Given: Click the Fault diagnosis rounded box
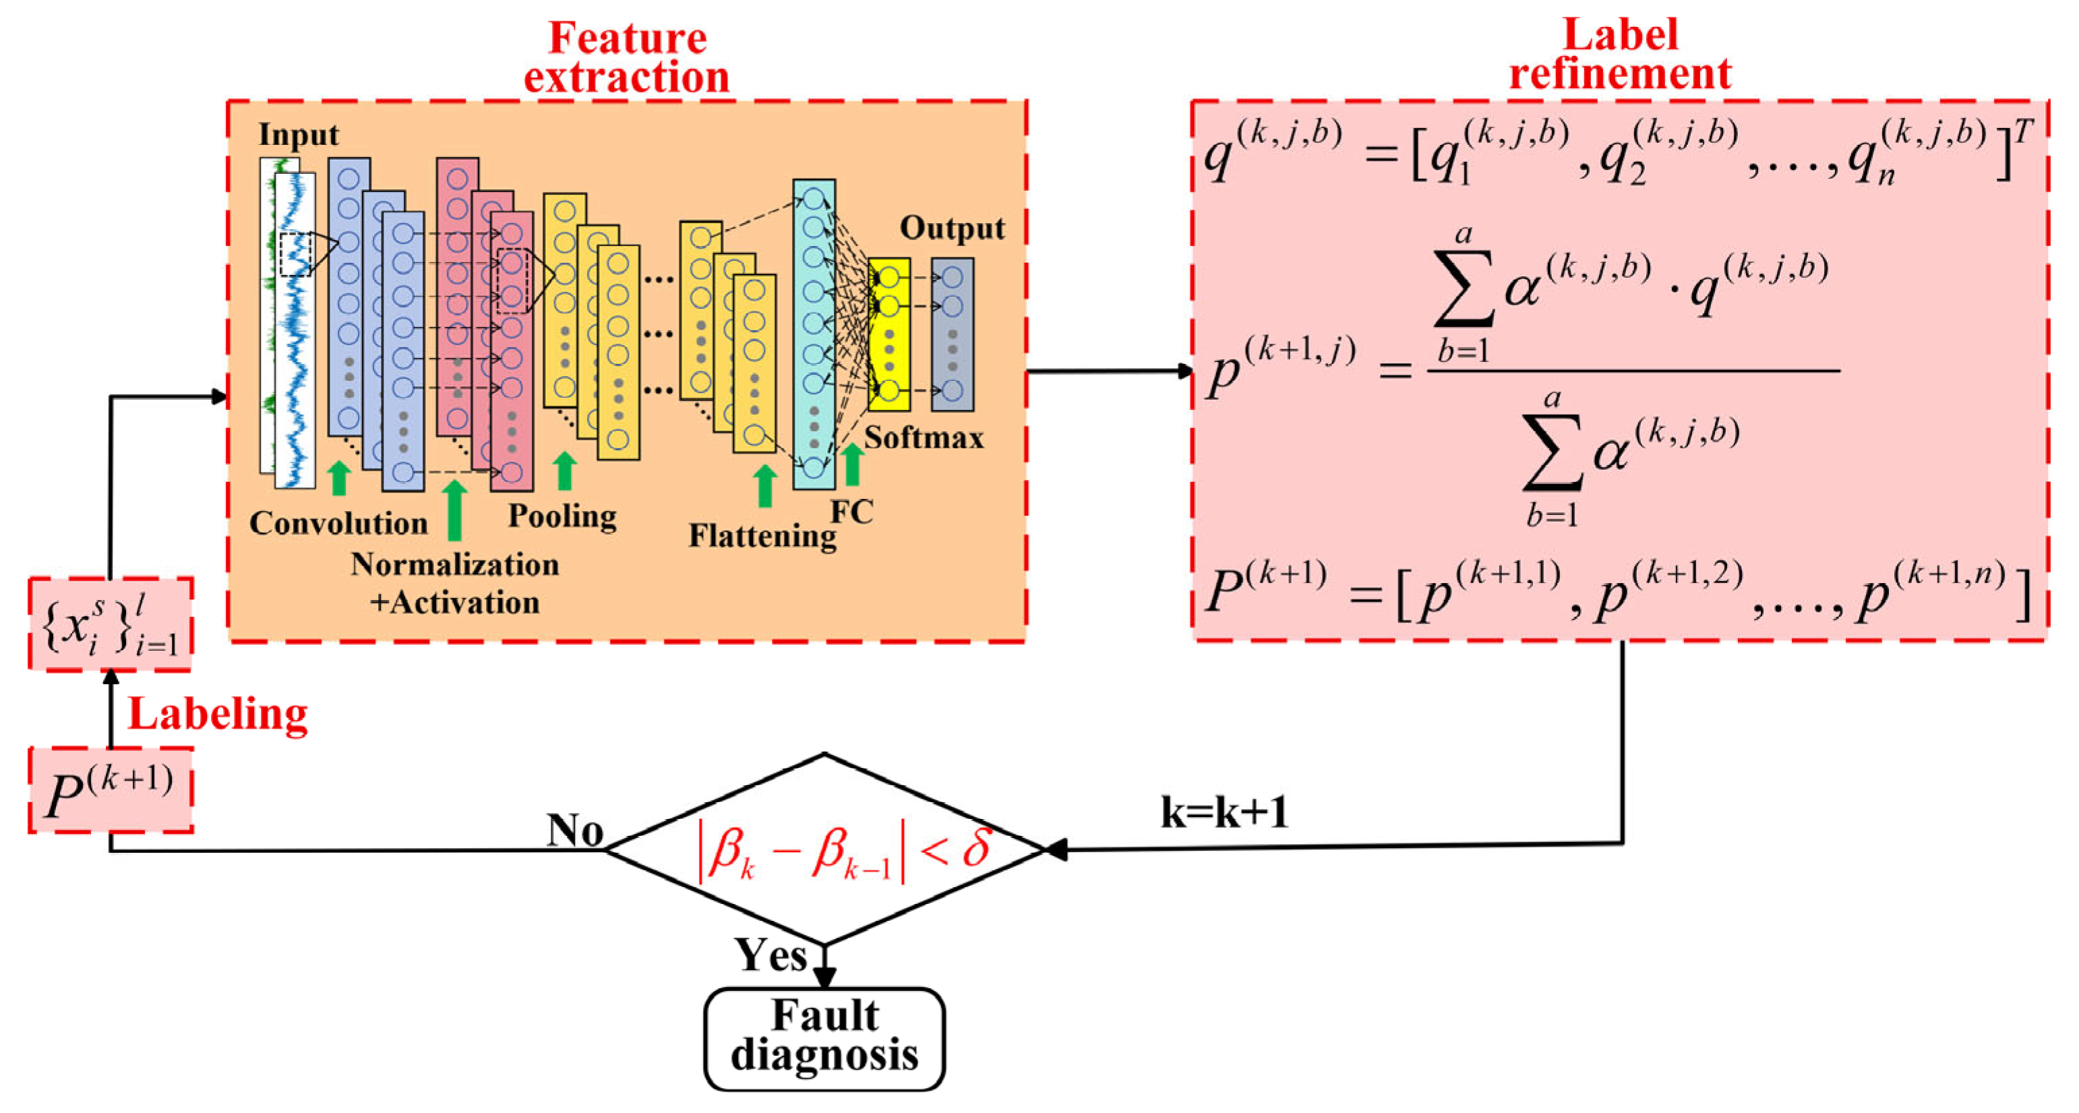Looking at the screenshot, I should [824, 1038].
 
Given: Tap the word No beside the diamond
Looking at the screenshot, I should [574, 829].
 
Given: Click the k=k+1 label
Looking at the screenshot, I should [1224, 812].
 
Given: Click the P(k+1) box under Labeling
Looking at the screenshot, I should [111, 790].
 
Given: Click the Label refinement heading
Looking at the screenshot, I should [1620, 55].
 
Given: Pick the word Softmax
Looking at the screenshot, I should [924, 438].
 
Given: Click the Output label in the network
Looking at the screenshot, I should [952, 229].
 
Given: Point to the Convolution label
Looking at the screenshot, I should [338, 524].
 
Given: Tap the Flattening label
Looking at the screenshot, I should [762, 536].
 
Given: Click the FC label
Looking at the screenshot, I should [851, 512].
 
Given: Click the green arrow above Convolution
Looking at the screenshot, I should [340, 478].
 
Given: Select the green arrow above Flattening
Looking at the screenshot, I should [764, 485].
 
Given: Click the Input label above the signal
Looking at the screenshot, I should [298, 135].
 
